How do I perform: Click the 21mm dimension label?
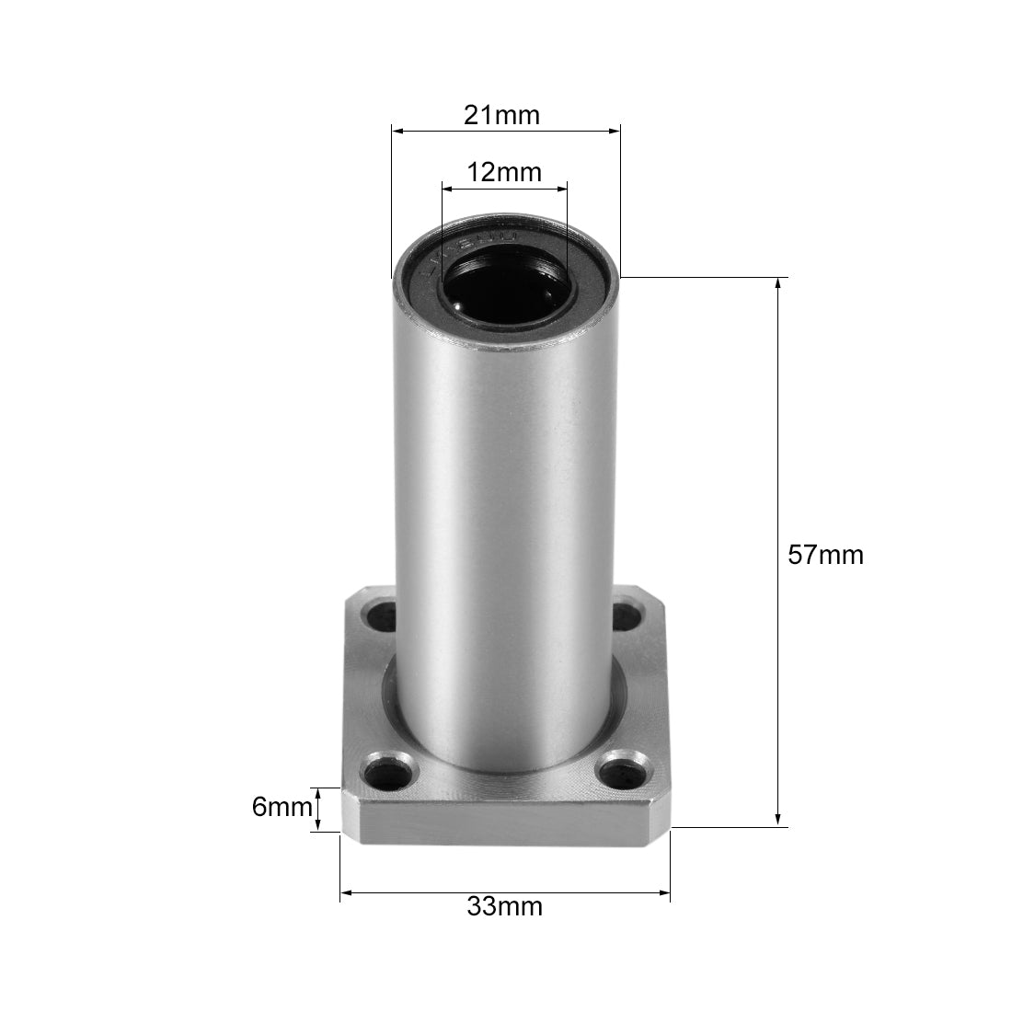click(x=501, y=116)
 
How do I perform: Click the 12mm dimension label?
click(x=504, y=172)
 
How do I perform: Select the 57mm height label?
click(x=826, y=555)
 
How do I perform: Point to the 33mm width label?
click(x=504, y=907)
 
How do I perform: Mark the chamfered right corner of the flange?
click(x=660, y=807)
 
